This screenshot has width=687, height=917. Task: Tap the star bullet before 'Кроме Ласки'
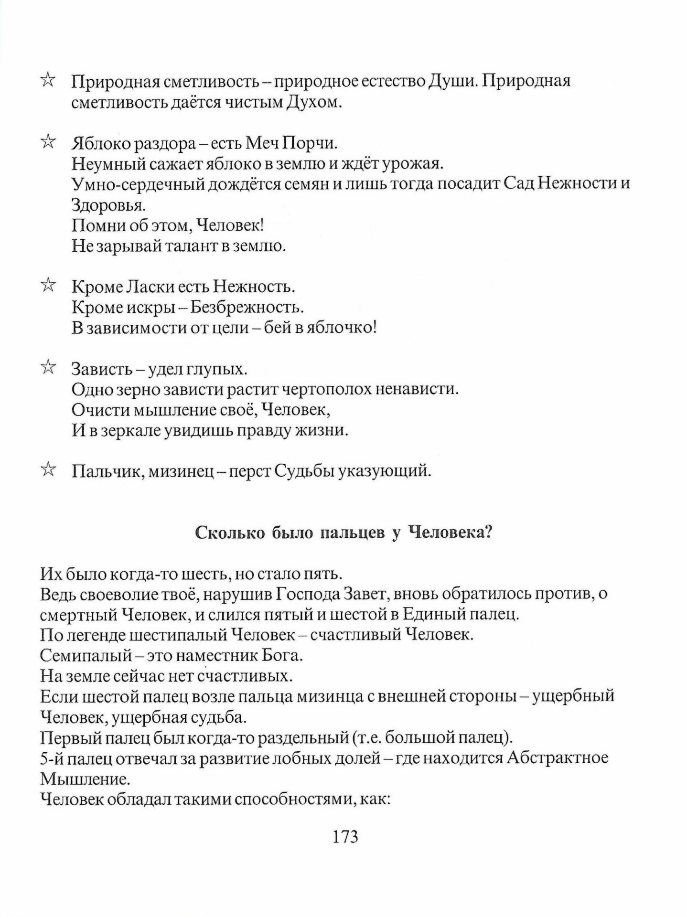[x=48, y=286]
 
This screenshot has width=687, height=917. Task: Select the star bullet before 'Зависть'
[x=48, y=368]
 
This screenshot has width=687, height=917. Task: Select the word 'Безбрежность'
[x=247, y=307]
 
